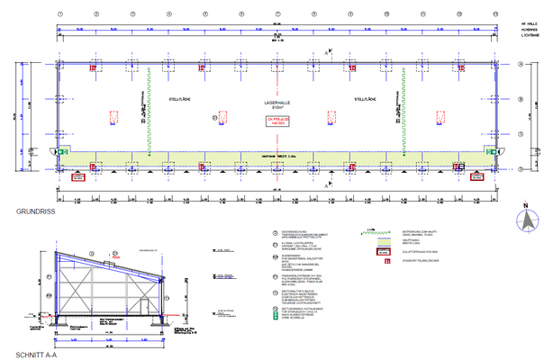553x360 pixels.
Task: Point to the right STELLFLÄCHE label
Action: (x=365, y=99)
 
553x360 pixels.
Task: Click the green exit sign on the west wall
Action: (x=58, y=154)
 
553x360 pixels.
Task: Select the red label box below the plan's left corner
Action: (x=79, y=177)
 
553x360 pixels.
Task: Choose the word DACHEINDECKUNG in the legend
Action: (x=296, y=230)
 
